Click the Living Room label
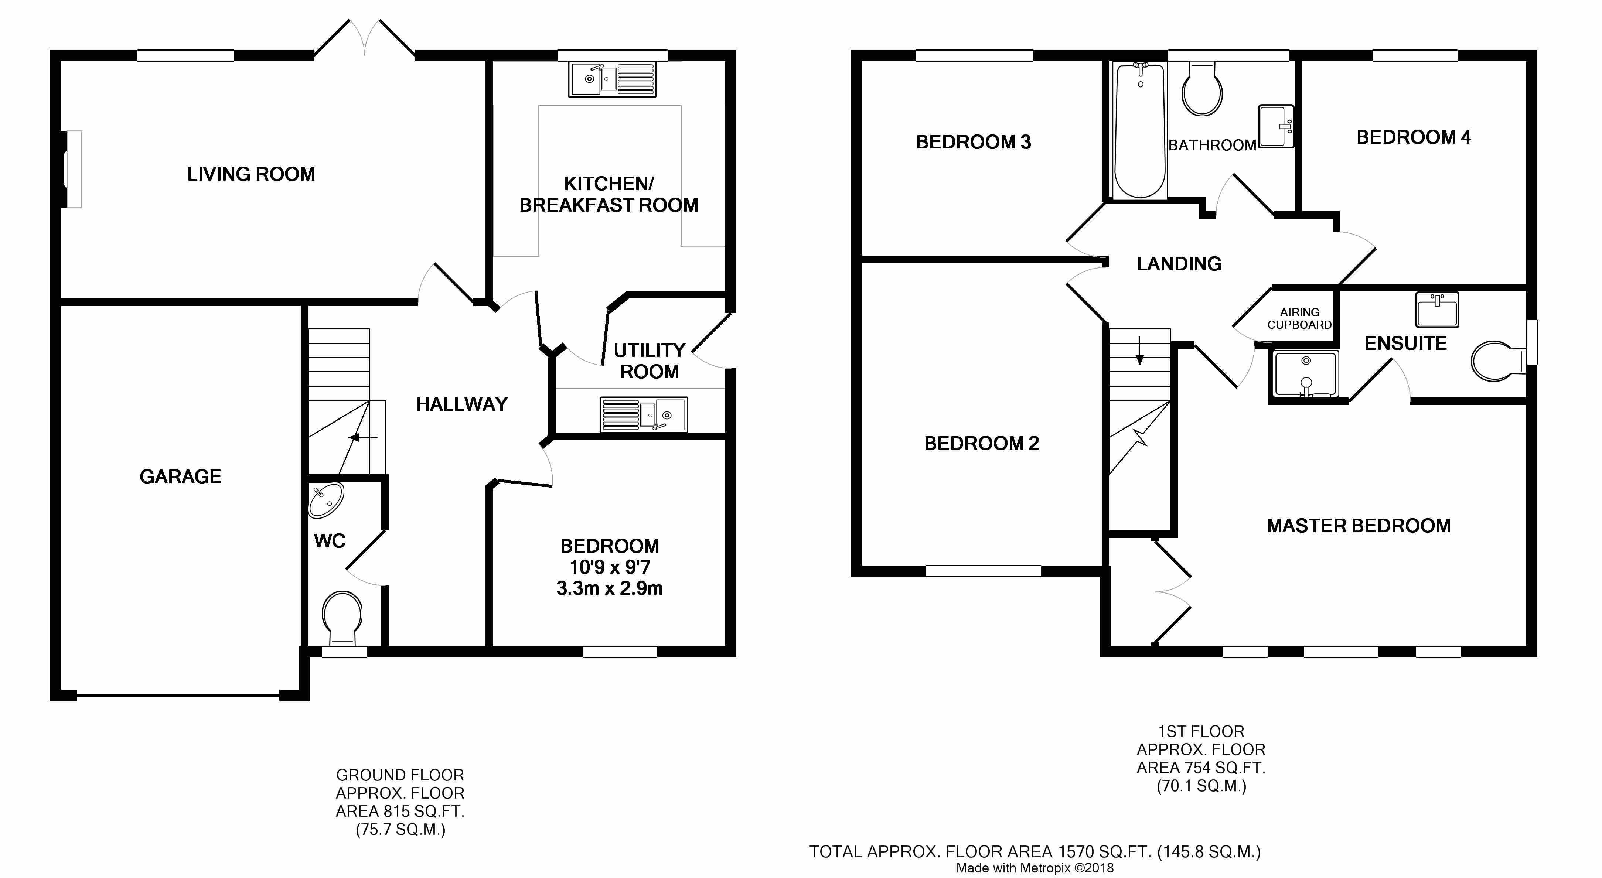click(x=251, y=174)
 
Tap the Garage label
click(x=180, y=476)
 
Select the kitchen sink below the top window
click(x=613, y=79)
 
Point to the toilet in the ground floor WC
click(x=342, y=619)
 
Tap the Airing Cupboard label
click(x=1300, y=318)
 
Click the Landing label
click(x=1179, y=264)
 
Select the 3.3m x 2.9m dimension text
click(x=610, y=588)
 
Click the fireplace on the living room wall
click(x=73, y=169)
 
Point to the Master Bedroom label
click(x=1359, y=526)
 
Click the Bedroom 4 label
click(x=1414, y=137)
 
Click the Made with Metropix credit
click(x=1035, y=868)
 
